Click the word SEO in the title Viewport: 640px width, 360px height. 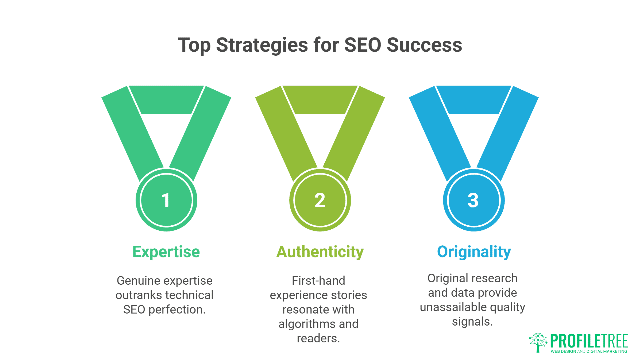363,45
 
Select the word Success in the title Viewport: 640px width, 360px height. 424,45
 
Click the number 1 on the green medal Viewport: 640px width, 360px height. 166,201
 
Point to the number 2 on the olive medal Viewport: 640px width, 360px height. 320,201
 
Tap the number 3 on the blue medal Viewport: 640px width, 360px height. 473,201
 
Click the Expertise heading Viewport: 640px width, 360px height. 166,252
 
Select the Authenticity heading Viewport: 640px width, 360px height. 320,252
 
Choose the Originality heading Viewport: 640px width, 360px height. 474,252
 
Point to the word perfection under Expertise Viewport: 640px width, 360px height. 177,310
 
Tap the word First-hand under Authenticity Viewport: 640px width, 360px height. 318,281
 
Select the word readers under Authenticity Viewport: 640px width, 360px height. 318,338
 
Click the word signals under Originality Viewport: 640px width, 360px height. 472,322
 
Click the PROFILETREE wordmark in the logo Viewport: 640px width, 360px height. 589,341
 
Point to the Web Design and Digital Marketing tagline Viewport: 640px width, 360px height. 589,351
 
